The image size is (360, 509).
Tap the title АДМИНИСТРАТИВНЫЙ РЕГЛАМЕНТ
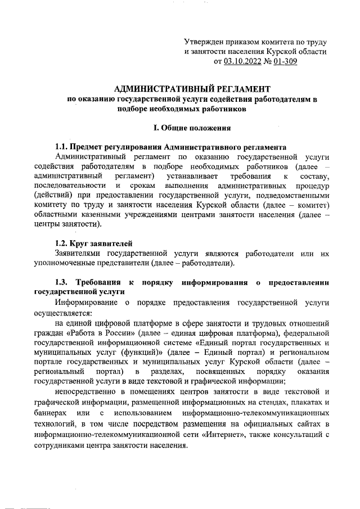(x=192, y=89)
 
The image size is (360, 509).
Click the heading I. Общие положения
(x=192, y=128)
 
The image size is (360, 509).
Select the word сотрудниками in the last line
(x=62, y=444)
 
